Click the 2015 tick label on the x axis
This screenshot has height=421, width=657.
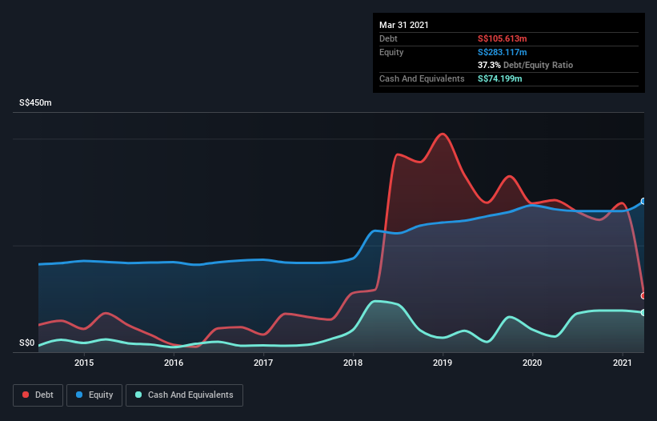click(x=84, y=363)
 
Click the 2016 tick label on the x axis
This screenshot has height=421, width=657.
click(x=174, y=363)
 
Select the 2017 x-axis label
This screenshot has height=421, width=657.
click(x=263, y=363)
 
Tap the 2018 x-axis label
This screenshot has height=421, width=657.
click(x=353, y=363)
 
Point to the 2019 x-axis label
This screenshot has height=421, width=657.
click(x=443, y=363)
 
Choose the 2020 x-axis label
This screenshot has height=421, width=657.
click(x=533, y=363)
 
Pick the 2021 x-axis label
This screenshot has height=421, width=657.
click(x=623, y=363)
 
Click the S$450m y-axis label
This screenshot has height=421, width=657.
click(x=36, y=103)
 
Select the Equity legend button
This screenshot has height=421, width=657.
click(x=95, y=395)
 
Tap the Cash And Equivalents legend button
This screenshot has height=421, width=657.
click(x=184, y=395)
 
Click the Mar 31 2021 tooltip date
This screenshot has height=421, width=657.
click(x=404, y=25)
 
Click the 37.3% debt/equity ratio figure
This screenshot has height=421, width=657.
click(x=491, y=65)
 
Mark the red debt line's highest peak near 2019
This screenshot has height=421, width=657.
click(x=442, y=134)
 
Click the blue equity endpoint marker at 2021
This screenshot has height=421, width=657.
click(x=643, y=201)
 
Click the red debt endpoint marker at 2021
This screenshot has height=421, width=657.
click(x=643, y=295)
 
